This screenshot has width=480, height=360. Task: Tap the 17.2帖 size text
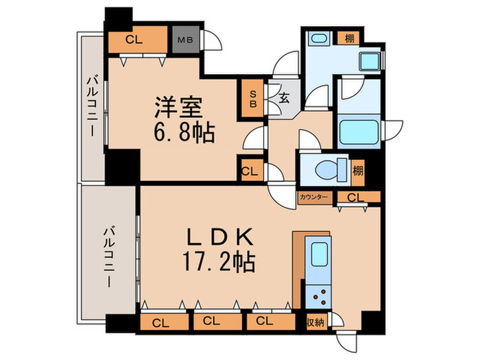[221, 261]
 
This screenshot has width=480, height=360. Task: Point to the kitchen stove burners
[320, 296]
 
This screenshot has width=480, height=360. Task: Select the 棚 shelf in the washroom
[349, 39]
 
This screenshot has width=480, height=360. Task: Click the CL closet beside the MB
[135, 40]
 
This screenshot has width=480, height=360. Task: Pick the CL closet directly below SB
[250, 169]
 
